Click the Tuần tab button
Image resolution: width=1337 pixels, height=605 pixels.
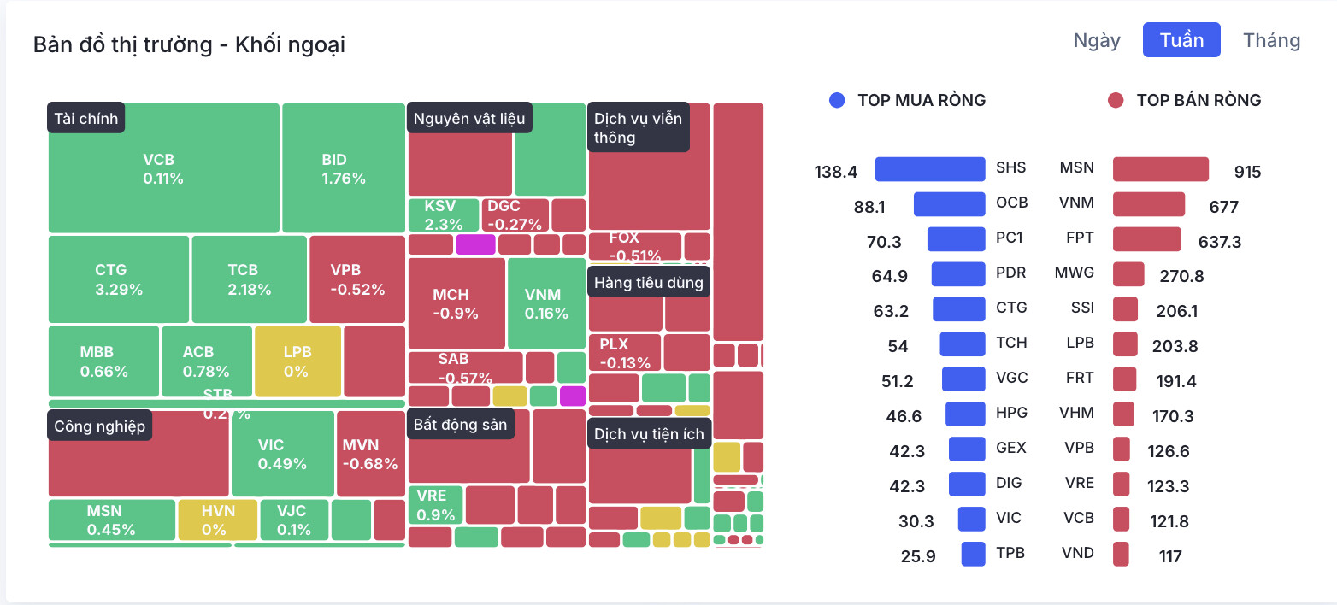point(1181,40)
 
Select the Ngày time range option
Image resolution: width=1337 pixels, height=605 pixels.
point(1097,40)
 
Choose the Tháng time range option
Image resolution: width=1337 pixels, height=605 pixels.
point(1271,40)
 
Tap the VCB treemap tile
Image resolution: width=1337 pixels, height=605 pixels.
point(163,168)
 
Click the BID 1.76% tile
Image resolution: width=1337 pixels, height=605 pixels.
point(343,168)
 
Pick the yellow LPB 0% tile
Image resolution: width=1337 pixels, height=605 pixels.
point(297,361)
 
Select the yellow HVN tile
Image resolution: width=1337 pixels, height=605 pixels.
point(217,520)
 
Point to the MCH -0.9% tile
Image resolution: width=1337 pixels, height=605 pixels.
point(456,303)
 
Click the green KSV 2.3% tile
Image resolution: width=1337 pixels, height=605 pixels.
point(443,214)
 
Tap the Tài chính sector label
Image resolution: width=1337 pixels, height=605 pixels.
point(86,119)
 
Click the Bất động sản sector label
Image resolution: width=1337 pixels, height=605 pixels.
point(460,424)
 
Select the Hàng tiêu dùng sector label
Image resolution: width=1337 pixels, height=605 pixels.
point(649,283)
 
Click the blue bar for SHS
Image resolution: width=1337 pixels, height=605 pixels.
point(930,169)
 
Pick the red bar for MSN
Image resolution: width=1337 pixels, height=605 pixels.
point(1160,169)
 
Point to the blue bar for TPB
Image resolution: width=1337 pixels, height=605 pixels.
point(973,554)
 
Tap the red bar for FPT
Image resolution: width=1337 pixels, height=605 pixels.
point(1146,239)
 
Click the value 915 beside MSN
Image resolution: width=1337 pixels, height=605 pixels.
point(1247,172)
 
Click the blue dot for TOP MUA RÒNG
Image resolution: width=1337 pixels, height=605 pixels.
point(837,101)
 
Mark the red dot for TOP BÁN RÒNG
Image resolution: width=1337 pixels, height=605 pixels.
point(1115,101)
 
